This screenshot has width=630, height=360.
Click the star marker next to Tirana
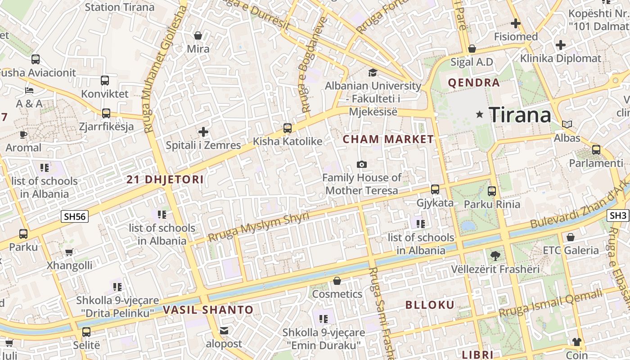pos(480,115)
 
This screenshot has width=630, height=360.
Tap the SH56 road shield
pos(75,217)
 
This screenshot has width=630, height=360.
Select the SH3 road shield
pos(618,216)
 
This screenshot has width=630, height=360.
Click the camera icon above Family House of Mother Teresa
pos(361,165)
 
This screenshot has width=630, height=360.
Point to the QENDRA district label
pos(474,83)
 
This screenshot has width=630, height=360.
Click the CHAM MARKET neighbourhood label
pos(388,139)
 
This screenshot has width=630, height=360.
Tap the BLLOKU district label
pos(430,305)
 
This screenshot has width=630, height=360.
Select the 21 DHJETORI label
pos(165,180)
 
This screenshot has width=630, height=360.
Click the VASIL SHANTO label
pos(208,310)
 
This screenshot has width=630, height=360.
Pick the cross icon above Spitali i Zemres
pos(203,132)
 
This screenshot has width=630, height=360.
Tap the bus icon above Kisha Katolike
pos(288,128)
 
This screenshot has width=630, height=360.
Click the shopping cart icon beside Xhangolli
pos(69,252)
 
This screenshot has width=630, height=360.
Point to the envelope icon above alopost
pos(224,331)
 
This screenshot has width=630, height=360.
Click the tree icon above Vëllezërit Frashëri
pos(495,256)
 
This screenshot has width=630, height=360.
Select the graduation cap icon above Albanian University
pos(373,72)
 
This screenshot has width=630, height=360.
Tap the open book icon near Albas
pos(567,124)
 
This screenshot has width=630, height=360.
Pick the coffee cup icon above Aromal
pos(23,134)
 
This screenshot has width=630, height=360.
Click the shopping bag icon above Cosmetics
pos(337,281)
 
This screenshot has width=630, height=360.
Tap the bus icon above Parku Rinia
pos(491,191)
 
